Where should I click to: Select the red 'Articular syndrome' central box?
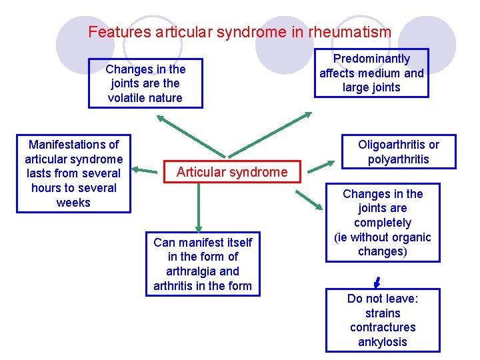point(231,172)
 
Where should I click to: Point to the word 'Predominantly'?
point(371,59)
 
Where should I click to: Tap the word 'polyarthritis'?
point(398,159)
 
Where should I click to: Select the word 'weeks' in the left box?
point(73,203)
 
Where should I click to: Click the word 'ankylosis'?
point(383,342)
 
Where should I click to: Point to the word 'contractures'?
point(383,327)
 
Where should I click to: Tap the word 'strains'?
point(383,313)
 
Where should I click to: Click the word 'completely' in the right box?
point(383,223)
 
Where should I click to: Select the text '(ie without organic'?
point(383,237)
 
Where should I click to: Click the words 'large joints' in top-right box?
point(371,87)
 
